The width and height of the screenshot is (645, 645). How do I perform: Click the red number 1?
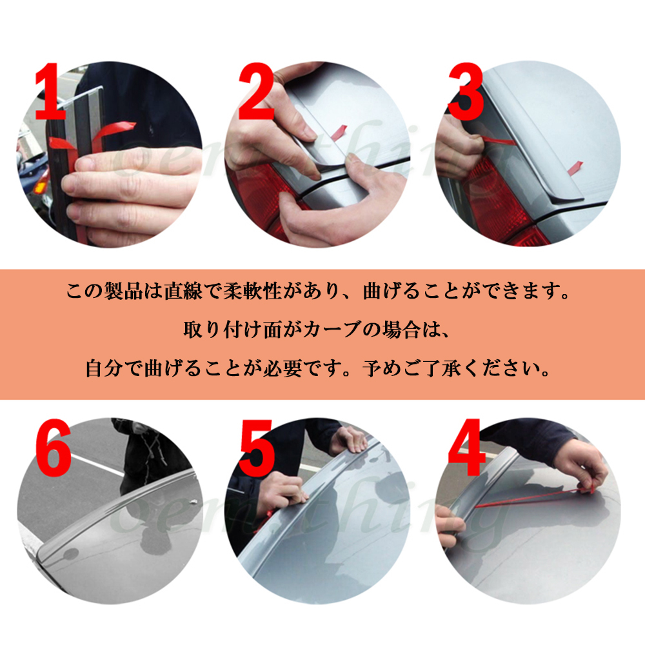50,92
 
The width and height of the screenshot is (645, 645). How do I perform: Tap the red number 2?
256,92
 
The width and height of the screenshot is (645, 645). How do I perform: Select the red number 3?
466,92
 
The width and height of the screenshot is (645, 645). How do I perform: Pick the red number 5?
256,448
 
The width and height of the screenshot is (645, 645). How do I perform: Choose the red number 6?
53,448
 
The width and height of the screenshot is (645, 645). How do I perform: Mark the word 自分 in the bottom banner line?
104,368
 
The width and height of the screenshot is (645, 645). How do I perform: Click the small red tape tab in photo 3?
575,166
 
